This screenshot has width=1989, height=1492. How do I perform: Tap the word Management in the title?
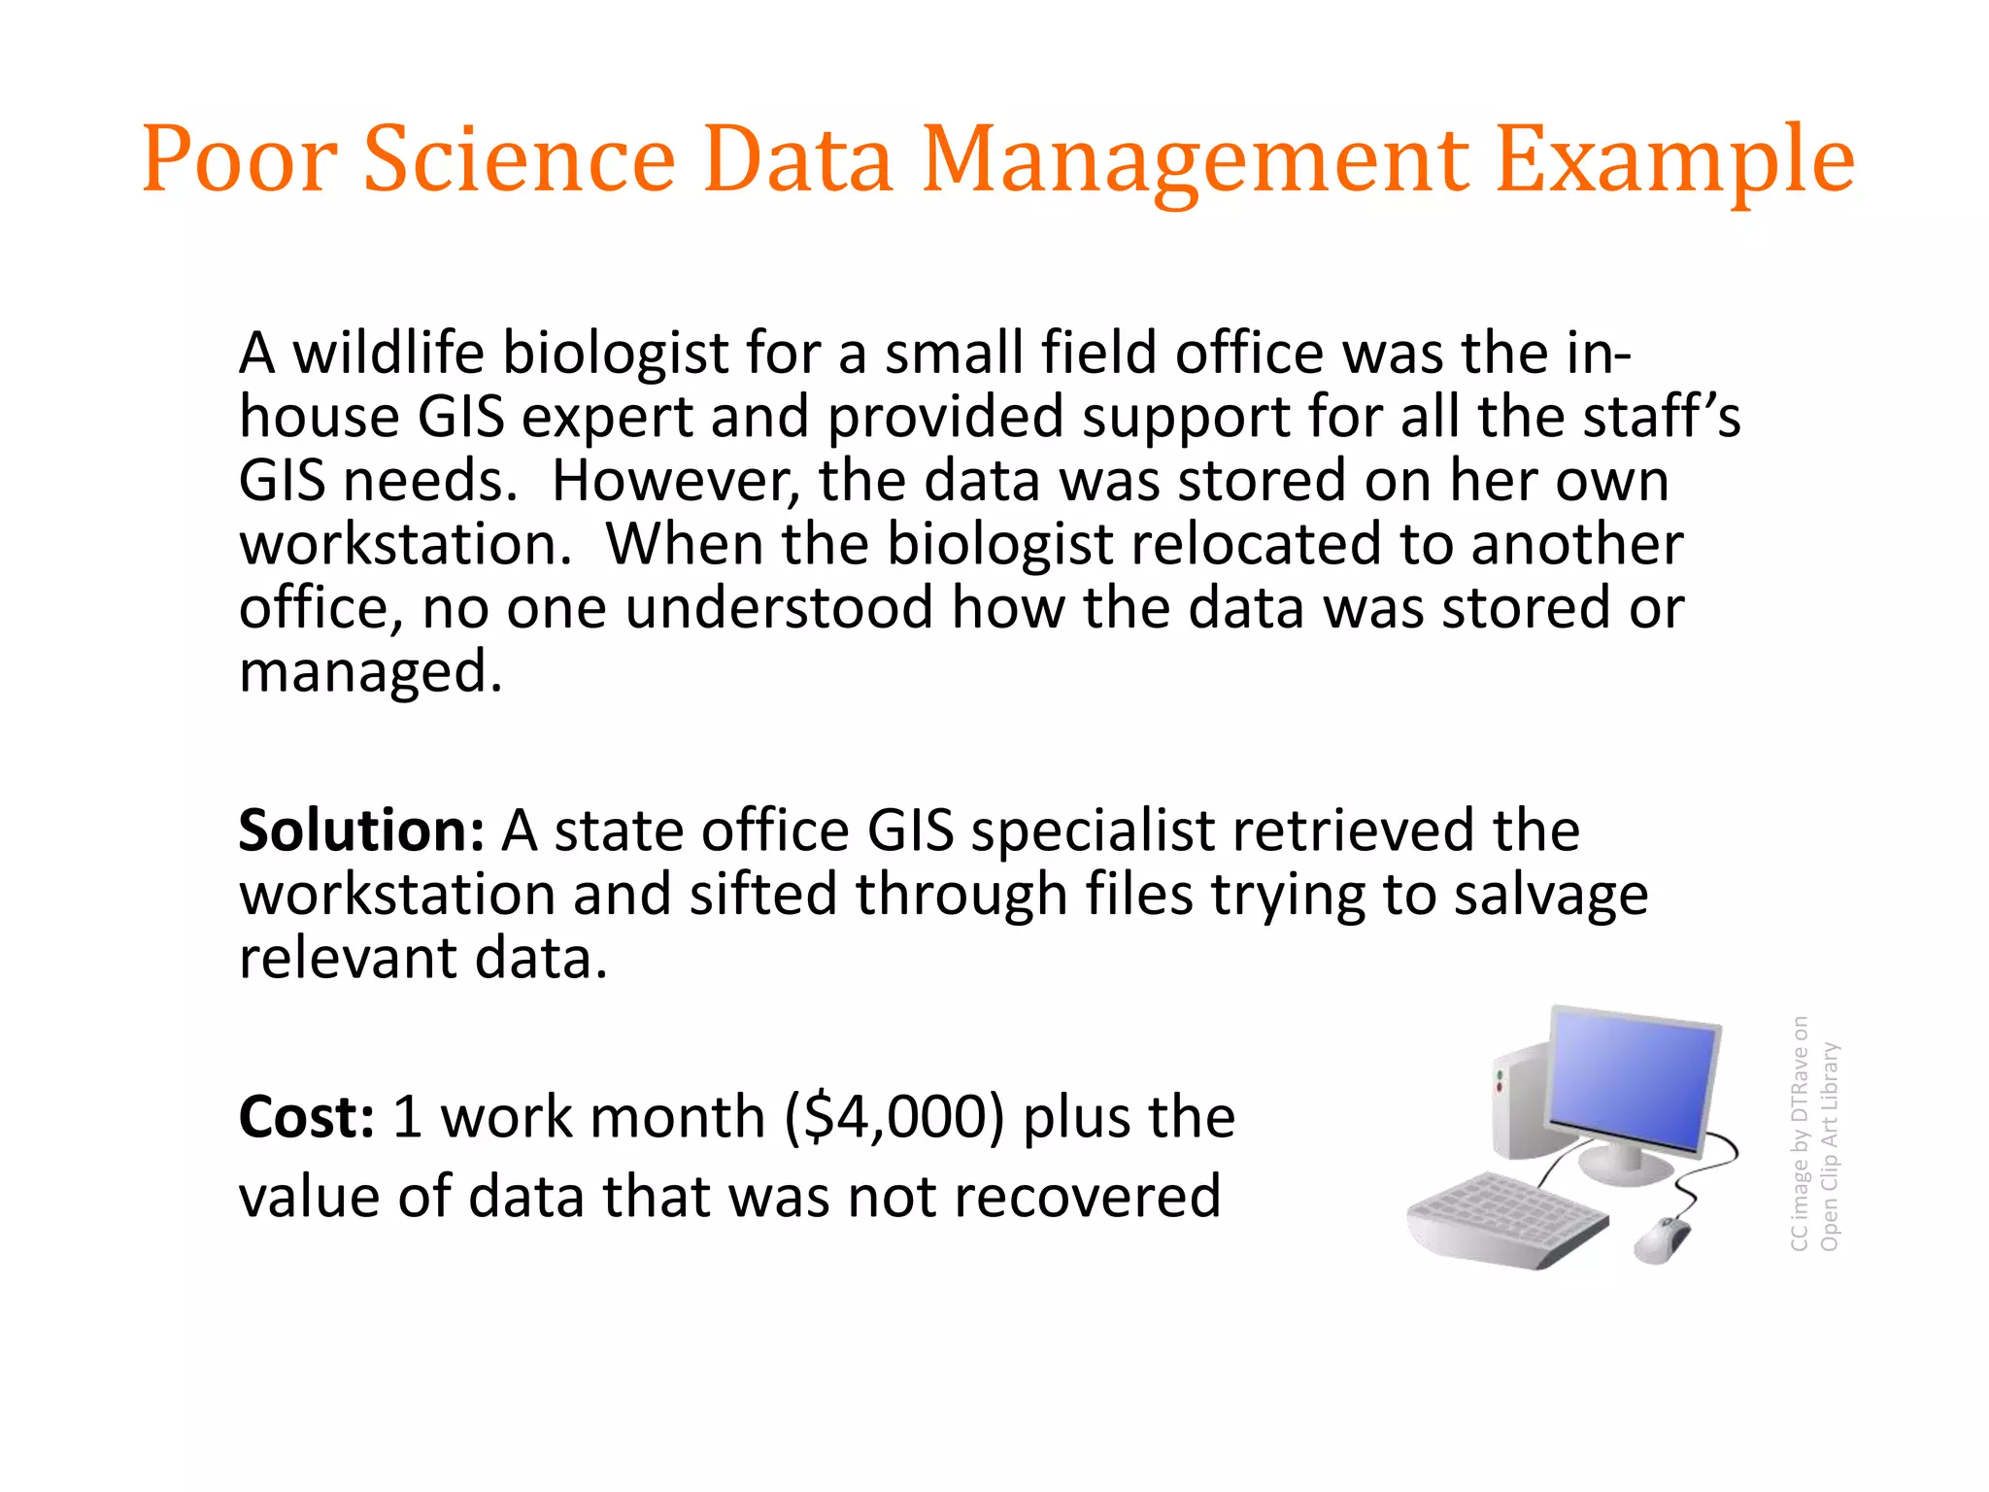[1195, 160]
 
